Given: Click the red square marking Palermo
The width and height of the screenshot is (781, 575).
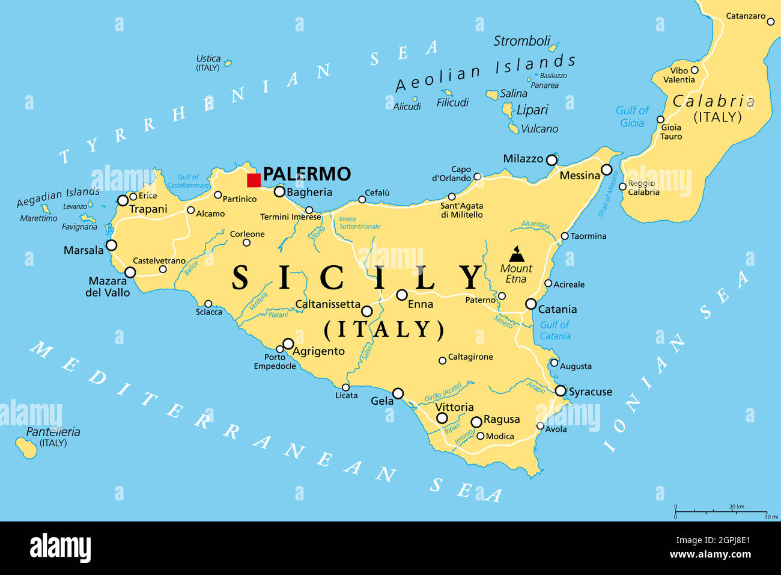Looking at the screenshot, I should click(x=254, y=180).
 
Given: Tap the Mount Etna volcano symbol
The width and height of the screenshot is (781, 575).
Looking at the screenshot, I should click(x=517, y=254).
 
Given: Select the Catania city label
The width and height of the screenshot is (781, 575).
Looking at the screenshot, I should click(x=557, y=309).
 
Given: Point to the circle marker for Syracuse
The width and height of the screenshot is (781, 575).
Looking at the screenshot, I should click(x=561, y=391).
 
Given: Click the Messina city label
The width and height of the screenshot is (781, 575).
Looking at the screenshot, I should click(x=580, y=176).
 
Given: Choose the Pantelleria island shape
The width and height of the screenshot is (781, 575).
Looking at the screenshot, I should click(x=26, y=448).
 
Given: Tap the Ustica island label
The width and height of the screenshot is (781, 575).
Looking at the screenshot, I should click(x=208, y=59).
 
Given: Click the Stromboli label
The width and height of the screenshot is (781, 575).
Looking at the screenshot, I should click(x=521, y=41).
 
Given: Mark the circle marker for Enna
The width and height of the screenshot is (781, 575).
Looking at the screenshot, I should click(x=402, y=295).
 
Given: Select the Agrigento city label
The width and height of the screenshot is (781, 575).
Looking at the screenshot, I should click(x=319, y=351).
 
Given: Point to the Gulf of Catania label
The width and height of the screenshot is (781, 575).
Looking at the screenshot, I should click(x=555, y=330).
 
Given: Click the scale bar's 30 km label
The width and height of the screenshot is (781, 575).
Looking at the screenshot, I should click(x=737, y=507).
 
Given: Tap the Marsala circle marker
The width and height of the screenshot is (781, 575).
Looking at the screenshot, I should click(x=111, y=245).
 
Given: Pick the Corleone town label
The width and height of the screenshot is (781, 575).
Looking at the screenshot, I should click(x=247, y=234).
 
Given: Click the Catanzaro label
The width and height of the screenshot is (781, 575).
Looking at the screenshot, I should click(x=746, y=16).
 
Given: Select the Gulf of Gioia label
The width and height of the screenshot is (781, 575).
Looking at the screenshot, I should click(x=632, y=117).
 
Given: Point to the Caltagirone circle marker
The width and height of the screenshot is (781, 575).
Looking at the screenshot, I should click(x=442, y=360).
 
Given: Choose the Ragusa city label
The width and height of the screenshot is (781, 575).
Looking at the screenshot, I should click(x=501, y=419).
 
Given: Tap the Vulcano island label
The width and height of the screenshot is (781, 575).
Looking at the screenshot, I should click(x=539, y=129).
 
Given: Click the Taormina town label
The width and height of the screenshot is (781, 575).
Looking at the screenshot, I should click(x=588, y=236).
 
